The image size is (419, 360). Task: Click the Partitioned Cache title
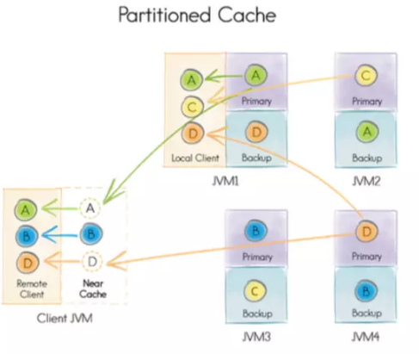(197, 15)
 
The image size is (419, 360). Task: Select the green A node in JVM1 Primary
(256, 76)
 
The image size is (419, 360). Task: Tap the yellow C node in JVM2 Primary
(366, 76)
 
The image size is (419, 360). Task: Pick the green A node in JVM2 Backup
(367, 132)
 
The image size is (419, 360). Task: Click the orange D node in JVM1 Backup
(256, 132)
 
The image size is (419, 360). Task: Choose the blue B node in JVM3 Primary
(256, 231)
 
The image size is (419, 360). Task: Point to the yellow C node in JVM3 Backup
(255, 291)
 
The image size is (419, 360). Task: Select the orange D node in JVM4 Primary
(367, 231)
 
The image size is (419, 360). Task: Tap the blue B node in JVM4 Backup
(366, 292)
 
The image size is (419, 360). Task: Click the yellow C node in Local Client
(192, 107)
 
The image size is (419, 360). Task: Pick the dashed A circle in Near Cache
(90, 208)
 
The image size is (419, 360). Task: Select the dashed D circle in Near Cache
(92, 262)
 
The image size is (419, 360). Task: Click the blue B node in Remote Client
(26, 236)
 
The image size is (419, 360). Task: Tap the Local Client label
(195, 158)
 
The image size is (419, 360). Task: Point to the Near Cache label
(93, 289)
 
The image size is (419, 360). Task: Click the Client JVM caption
(65, 318)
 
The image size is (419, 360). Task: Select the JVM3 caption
(256, 336)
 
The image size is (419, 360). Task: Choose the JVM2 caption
(367, 181)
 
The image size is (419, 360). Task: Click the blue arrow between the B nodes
(59, 236)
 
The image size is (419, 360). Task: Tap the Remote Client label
(32, 289)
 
